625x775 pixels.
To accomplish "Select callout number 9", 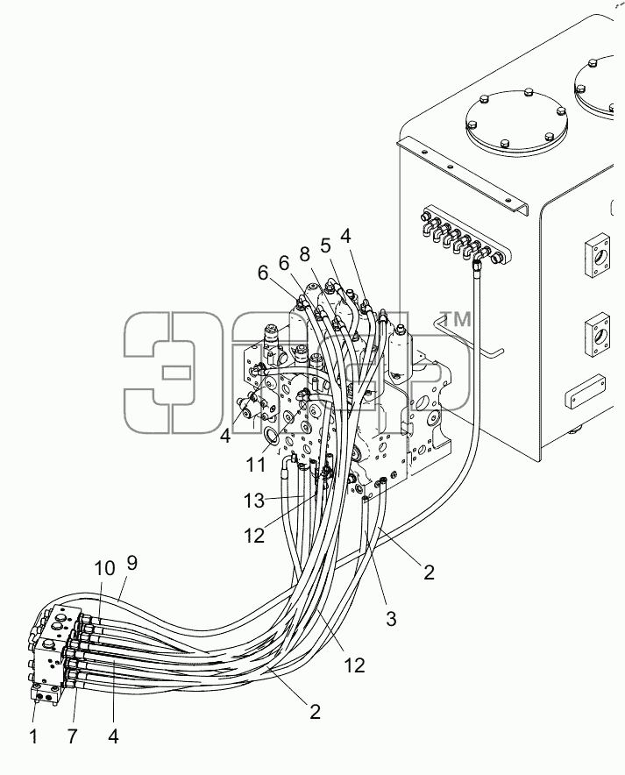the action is tap(131, 564).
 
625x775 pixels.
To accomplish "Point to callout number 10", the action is tap(104, 569).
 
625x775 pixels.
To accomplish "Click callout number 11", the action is tap(257, 465).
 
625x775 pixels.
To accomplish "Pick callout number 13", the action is tap(254, 501).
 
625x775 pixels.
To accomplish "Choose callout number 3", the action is tap(391, 618).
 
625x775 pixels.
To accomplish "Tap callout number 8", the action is tap(304, 254).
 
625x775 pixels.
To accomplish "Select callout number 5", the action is tap(324, 245).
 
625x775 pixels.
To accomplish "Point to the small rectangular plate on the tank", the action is tap(586, 393).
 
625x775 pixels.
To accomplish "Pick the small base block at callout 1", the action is tap(46, 693).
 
